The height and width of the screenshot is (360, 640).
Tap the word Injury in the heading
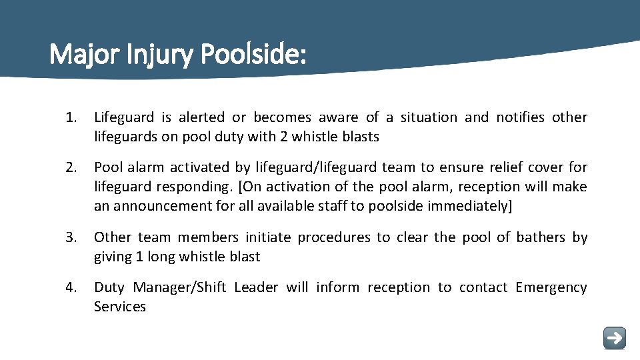point(157,54)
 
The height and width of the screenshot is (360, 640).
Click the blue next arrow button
point(614,338)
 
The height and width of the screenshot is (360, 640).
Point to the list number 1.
point(71,118)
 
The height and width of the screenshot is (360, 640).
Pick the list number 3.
point(71,237)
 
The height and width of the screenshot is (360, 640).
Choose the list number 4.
point(71,287)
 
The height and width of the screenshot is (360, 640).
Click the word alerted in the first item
point(203,118)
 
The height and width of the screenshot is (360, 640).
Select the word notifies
point(521,118)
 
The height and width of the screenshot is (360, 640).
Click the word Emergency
point(551,287)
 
